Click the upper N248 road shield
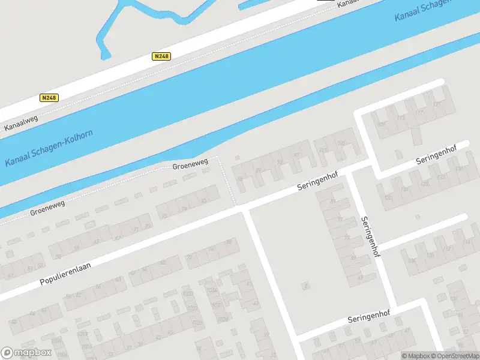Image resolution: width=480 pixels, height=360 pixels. click(x=161, y=56)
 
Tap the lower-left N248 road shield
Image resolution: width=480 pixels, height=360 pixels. click(x=49, y=97)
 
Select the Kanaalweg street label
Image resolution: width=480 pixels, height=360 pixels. click(x=21, y=123)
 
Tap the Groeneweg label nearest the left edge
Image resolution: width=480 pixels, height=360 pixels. click(x=47, y=208)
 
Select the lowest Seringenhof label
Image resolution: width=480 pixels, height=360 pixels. click(x=369, y=316)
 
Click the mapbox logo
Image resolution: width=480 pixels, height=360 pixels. click(x=26, y=353)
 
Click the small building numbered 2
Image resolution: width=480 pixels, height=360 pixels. click(x=306, y=285)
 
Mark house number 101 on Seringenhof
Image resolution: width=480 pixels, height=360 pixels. click(x=324, y=150)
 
